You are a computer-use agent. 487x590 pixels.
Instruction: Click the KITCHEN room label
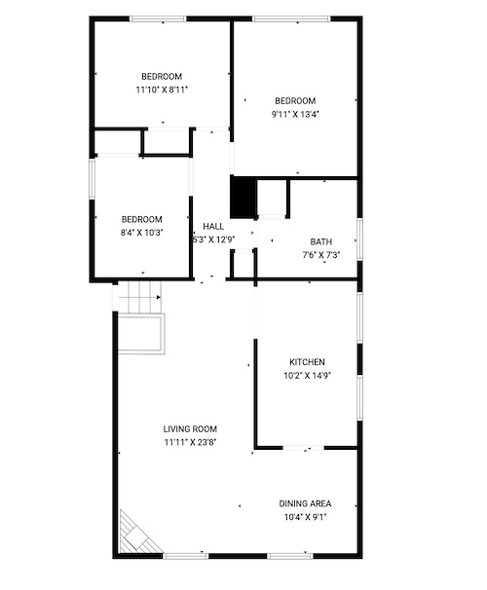(307, 362)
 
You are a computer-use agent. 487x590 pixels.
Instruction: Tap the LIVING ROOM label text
(190, 429)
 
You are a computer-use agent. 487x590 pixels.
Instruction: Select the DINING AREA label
(305, 503)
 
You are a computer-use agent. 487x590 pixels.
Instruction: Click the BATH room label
(321, 241)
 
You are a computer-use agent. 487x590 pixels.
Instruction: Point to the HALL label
(213, 226)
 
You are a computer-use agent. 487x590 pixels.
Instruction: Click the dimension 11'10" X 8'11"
(162, 90)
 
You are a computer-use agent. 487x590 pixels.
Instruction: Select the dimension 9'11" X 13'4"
(295, 114)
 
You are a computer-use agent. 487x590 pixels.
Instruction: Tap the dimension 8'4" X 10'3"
(141, 233)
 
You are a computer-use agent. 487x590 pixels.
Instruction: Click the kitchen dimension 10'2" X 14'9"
(307, 376)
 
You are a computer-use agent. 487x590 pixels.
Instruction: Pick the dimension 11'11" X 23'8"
(190, 442)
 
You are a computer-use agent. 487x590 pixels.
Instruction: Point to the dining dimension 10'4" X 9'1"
(305, 517)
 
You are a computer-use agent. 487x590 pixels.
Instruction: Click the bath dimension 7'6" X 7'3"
(321, 255)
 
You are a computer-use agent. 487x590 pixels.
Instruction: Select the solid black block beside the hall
(243, 197)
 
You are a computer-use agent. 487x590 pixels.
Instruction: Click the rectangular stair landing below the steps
(141, 334)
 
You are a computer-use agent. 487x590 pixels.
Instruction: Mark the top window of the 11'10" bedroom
(158, 18)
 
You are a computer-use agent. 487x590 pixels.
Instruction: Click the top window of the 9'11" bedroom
(291, 18)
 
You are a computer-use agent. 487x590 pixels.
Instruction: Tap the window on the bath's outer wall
(359, 240)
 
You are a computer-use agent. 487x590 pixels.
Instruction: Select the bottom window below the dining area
(290, 556)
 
